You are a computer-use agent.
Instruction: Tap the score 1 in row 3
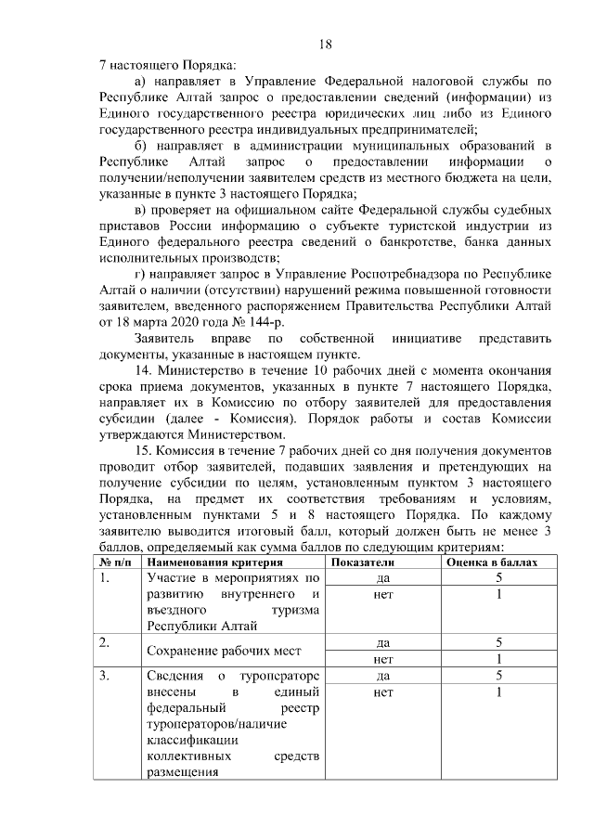pos(497,692)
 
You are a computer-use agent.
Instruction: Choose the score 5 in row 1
pos(497,577)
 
